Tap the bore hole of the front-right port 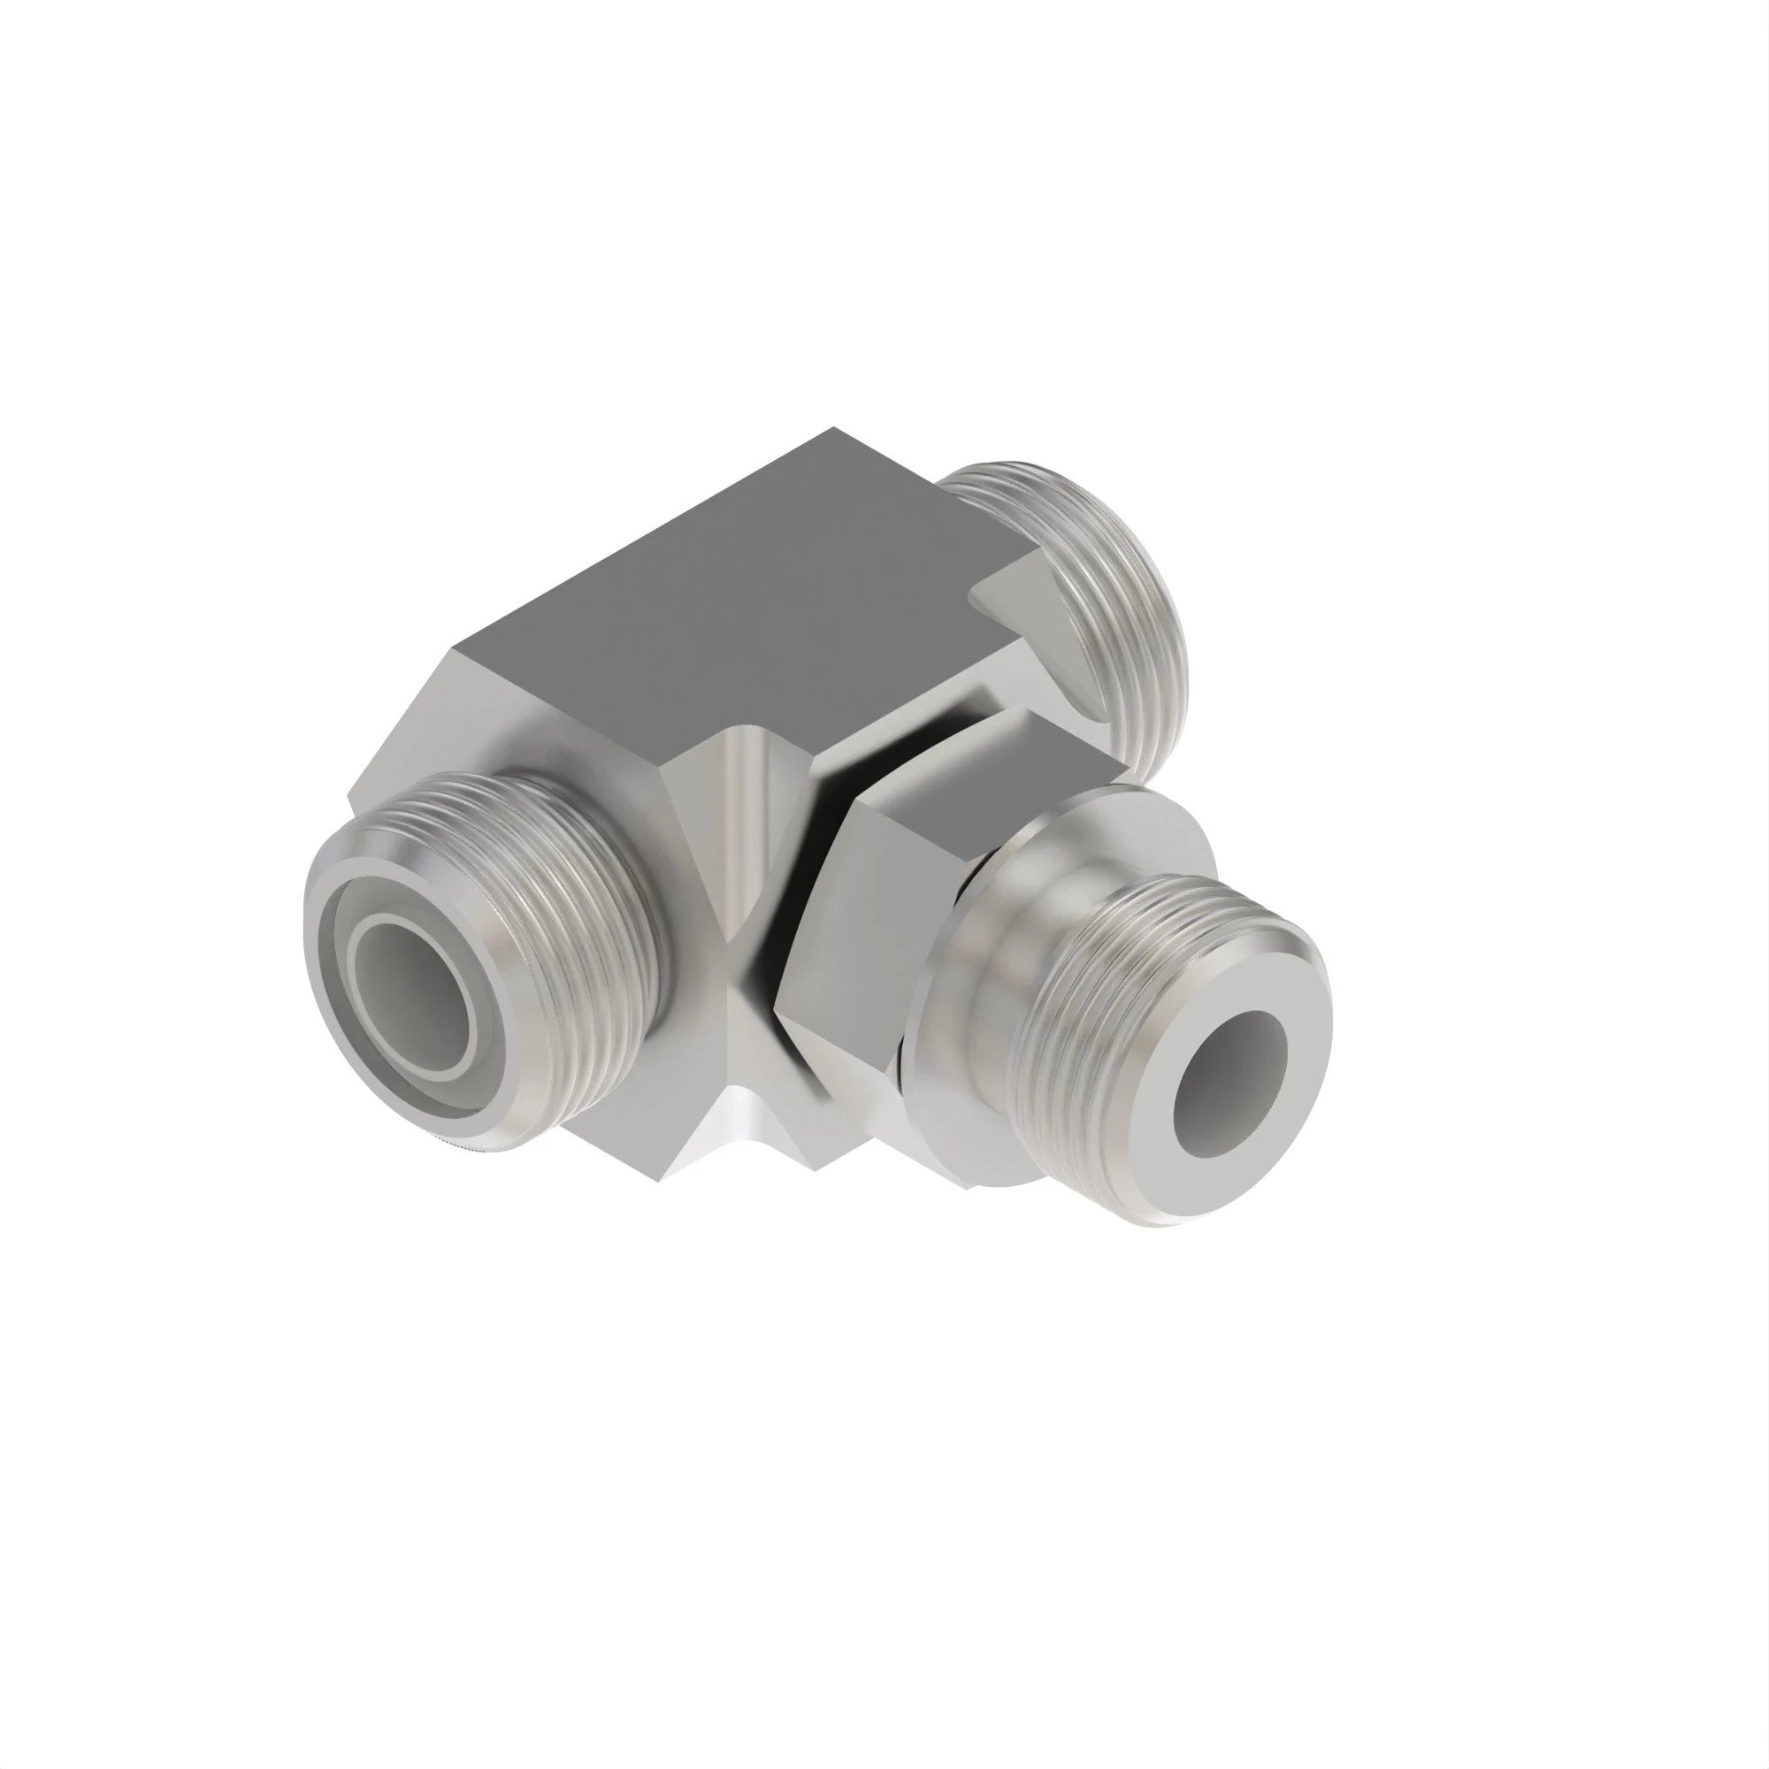click(x=1227, y=1084)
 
